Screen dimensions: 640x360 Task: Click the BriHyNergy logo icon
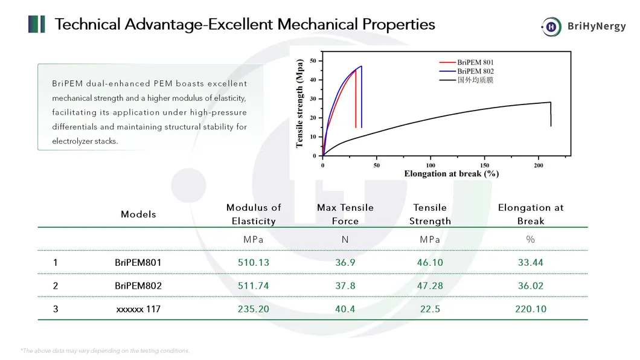point(551,27)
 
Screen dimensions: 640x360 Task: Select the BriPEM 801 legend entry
point(467,62)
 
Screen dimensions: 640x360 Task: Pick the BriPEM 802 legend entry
point(467,71)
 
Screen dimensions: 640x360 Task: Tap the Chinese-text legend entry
point(467,80)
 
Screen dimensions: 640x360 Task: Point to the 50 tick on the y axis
point(313,61)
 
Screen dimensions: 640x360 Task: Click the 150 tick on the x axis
point(484,166)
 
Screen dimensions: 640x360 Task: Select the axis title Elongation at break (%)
point(452,173)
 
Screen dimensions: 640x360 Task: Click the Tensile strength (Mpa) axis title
point(299,103)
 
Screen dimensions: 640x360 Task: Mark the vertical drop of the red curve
point(356,99)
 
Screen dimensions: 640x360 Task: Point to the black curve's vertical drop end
point(551,126)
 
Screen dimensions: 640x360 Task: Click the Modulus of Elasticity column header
point(254,214)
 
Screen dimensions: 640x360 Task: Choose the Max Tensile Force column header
point(345,214)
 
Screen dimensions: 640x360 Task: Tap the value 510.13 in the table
point(254,262)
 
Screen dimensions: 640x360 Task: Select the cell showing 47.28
point(430,286)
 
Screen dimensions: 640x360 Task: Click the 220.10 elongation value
point(531,309)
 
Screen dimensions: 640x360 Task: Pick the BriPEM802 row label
point(138,286)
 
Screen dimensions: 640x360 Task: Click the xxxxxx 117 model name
point(138,309)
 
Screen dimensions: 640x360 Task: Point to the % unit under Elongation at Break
point(530,240)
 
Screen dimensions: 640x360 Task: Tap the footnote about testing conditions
point(105,350)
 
